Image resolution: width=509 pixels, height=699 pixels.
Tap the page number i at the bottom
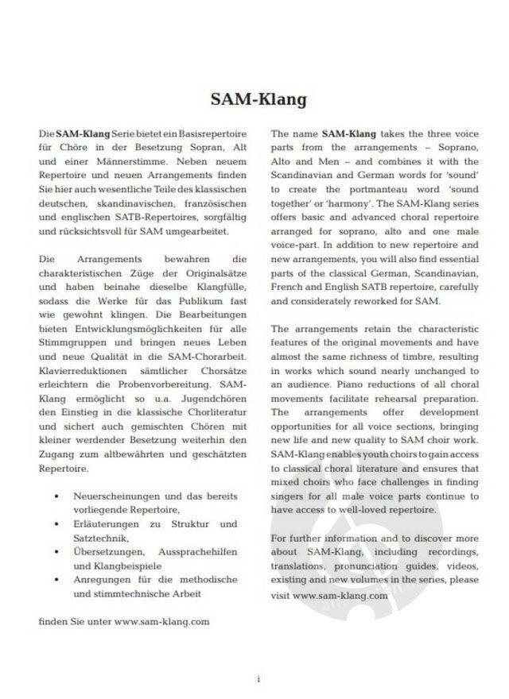pyautogui.click(x=258, y=680)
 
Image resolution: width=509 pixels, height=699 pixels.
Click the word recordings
pyautogui.click(x=453, y=551)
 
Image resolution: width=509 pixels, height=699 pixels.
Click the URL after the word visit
pyautogui.click(x=340, y=593)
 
